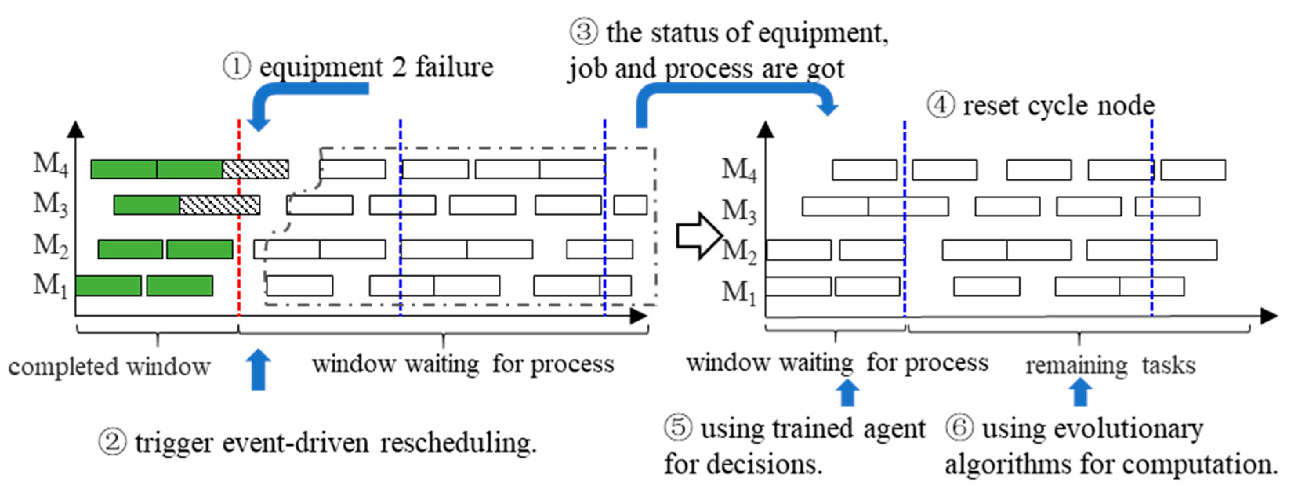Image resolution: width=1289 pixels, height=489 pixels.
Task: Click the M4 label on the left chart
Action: point(50,164)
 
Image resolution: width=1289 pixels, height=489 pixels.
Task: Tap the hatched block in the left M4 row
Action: point(255,169)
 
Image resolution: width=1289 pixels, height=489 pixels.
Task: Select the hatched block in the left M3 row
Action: point(219,205)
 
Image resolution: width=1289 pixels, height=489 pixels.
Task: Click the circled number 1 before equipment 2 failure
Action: point(236,67)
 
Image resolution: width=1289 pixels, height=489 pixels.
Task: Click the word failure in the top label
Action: point(454,67)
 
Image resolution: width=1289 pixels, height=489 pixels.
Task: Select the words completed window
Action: point(109,367)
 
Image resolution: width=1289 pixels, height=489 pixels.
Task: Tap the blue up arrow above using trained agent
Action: point(847,393)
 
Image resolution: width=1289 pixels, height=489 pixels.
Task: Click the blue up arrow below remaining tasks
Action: point(1081,392)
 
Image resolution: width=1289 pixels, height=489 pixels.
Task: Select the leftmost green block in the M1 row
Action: point(108,286)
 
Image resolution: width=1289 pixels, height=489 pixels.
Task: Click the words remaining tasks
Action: point(1110,365)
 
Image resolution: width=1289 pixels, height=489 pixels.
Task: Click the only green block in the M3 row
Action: point(147,205)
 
